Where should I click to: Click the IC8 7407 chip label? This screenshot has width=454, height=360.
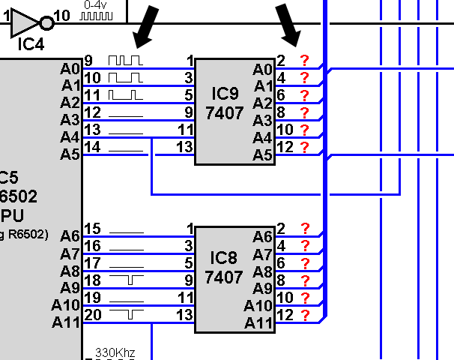tap(224, 268)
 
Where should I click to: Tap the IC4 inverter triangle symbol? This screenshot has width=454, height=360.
tap(23, 24)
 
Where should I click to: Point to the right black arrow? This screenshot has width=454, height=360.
tap(288, 25)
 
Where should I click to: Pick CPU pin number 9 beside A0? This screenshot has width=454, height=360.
tap(88, 60)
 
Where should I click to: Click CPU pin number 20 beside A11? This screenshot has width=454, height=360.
tap(92, 315)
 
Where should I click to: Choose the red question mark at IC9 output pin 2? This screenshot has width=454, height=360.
tap(304, 61)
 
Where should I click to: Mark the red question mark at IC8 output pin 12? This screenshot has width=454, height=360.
tap(305, 315)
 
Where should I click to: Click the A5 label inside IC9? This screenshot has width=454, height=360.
tap(262, 154)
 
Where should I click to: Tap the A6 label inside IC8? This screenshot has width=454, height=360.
tap(262, 236)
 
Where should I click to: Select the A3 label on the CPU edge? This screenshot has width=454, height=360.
tap(70, 119)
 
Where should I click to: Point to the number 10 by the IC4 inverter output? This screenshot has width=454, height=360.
tap(62, 15)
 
